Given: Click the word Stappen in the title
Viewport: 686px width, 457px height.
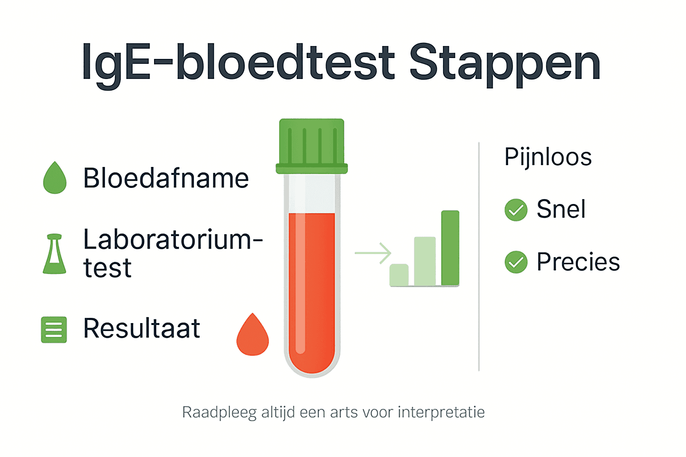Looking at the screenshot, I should click(505, 63).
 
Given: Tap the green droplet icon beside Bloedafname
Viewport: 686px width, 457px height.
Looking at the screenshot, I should click(54, 179).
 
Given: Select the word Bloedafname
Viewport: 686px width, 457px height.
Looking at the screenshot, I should click(166, 179).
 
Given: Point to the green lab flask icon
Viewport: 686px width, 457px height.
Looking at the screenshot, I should click(54, 254).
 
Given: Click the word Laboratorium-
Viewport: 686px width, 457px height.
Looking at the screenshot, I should click(173, 240).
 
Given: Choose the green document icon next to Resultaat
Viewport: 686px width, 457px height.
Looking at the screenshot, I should click(54, 330).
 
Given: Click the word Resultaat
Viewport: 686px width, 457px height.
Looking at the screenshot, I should click(142, 329).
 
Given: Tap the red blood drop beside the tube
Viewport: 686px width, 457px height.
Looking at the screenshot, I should click(253, 336).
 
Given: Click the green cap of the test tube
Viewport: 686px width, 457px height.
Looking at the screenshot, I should click(312, 145).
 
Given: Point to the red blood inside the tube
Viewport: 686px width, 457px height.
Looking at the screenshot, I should click(312, 290).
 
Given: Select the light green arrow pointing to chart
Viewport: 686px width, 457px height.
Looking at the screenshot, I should click(373, 253).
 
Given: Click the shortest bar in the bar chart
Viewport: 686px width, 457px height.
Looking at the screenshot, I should click(399, 275).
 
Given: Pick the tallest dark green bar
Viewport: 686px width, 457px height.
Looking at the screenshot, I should click(450, 248).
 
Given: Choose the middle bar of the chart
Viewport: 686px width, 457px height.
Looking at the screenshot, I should click(424, 261).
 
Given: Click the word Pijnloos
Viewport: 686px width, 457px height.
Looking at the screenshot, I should click(548, 158).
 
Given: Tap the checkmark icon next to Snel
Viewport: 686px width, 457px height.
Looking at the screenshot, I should click(516, 210).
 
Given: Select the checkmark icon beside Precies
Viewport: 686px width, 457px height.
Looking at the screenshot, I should click(516, 262).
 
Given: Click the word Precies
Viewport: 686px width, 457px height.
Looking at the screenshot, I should click(578, 262).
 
